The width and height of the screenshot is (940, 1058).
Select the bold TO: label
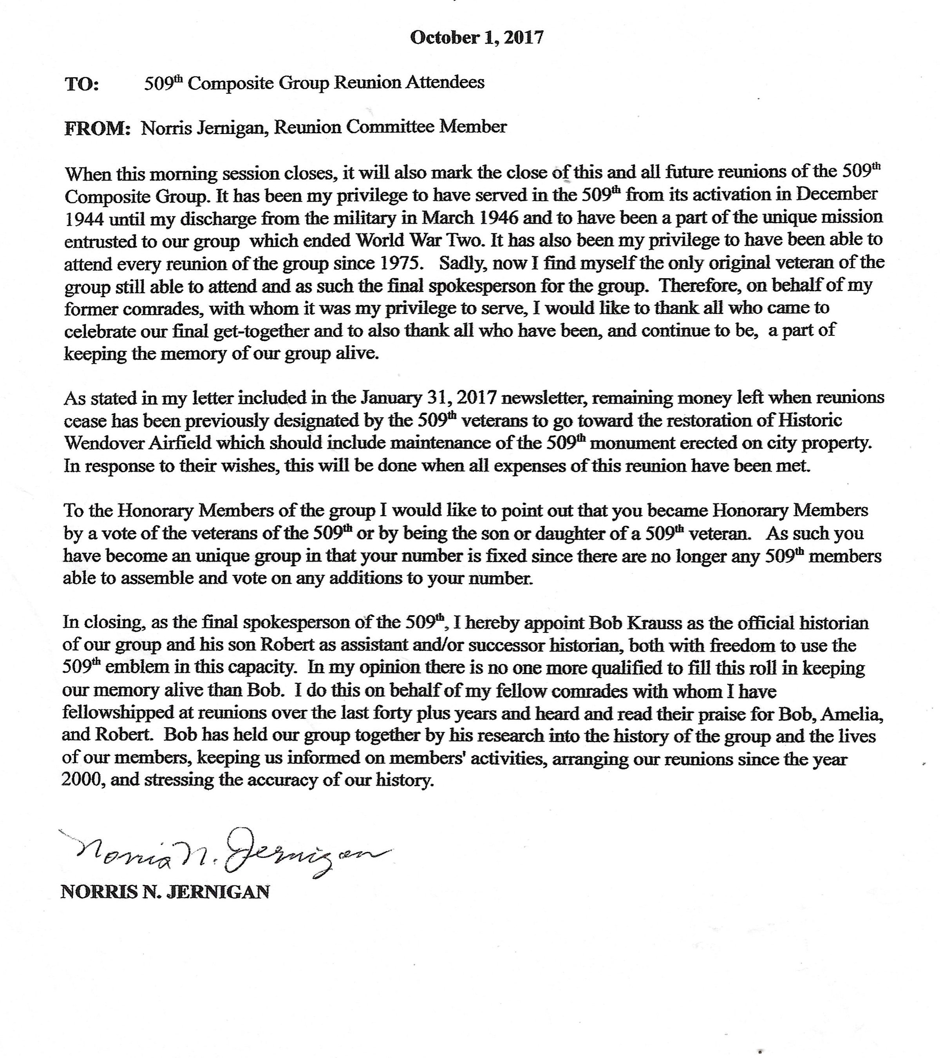(x=82, y=84)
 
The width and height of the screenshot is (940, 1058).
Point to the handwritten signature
(x=228, y=853)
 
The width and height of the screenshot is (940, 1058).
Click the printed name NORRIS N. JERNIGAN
(x=165, y=892)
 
